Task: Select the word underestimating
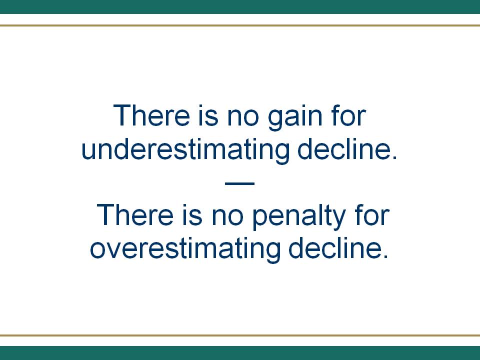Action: tap(185, 149)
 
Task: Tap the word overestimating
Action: tap(185, 248)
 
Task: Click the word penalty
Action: tap(299, 216)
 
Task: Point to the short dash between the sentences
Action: tap(239, 183)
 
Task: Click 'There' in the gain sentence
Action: tap(151, 115)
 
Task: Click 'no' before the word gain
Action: tap(243, 117)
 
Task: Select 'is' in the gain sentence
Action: tap(208, 115)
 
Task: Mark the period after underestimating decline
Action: tap(394, 157)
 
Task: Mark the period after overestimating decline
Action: tap(385, 256)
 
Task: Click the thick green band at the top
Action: tap(240, 6)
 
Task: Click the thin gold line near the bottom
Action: tap(240, 335)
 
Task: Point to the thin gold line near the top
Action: tap(240, 25)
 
